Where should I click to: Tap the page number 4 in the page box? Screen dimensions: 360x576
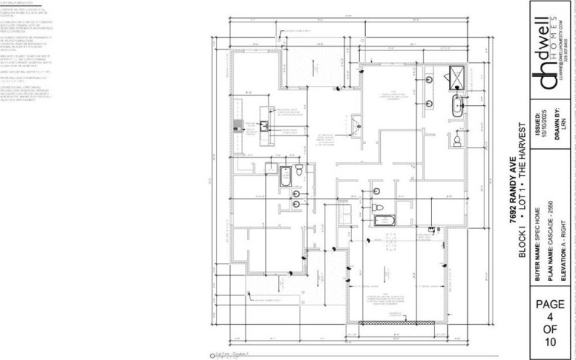[551, 318]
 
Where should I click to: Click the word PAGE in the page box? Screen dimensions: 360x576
[551, 305]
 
